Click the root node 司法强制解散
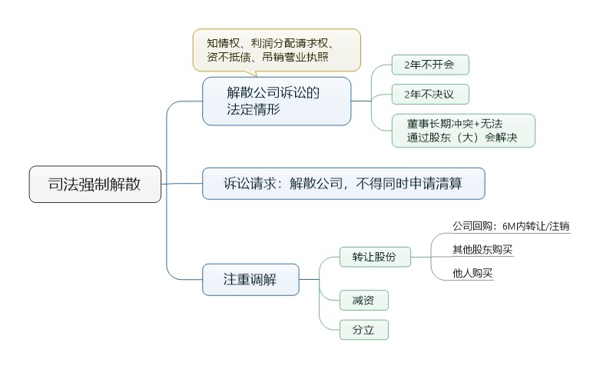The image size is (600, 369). [95, 184]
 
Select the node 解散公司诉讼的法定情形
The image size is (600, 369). [277, 101]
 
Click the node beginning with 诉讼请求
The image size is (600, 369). [343, 184]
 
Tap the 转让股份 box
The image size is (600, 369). [375, 257]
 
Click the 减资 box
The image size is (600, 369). [364, 300]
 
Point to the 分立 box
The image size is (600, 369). [364, 330]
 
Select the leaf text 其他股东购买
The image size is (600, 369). [482, 249]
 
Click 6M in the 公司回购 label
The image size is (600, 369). [509, 227]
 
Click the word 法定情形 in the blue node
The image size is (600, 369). [254, 109]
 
